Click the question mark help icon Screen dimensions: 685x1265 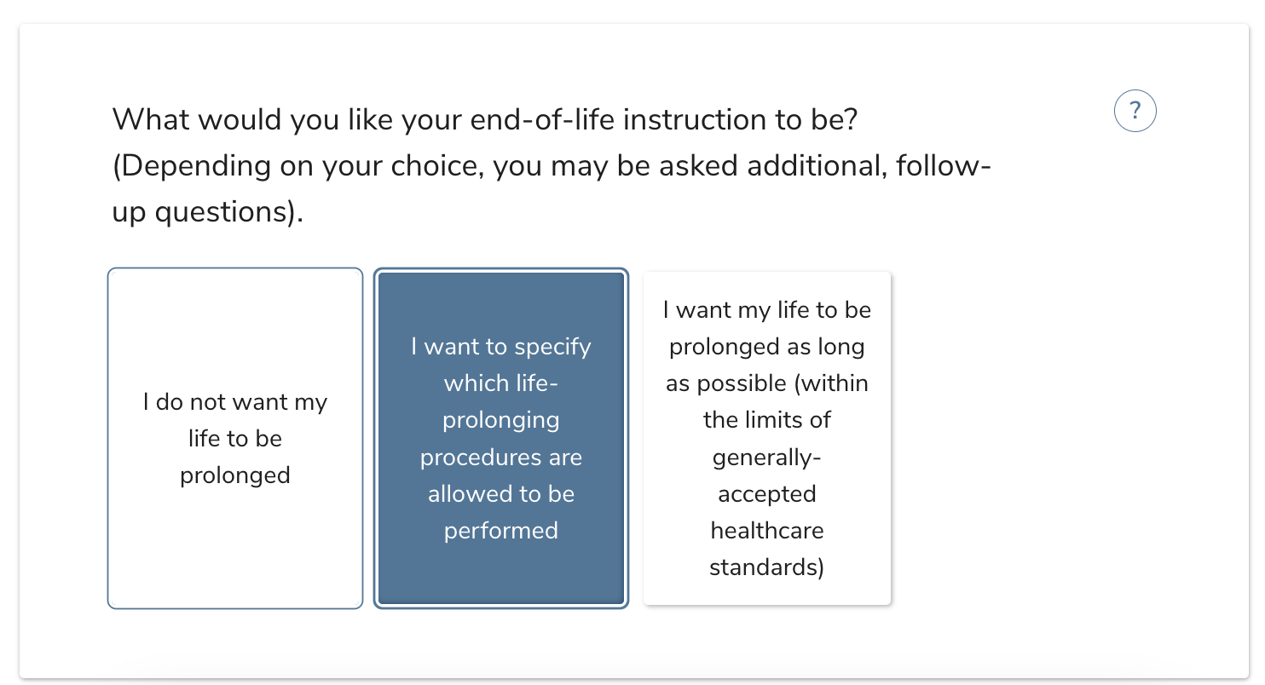coord(1135,112)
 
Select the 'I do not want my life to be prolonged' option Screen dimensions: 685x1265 coord(235,439)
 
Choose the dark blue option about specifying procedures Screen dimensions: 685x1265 coord(501,439)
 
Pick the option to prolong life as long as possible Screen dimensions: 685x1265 coord(766,439)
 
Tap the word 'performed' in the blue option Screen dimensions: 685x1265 coord(501,531)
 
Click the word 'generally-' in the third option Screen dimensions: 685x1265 coord(766,458)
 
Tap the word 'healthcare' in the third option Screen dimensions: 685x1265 coord(766,531)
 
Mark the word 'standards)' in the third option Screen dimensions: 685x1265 coord(766,567)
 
